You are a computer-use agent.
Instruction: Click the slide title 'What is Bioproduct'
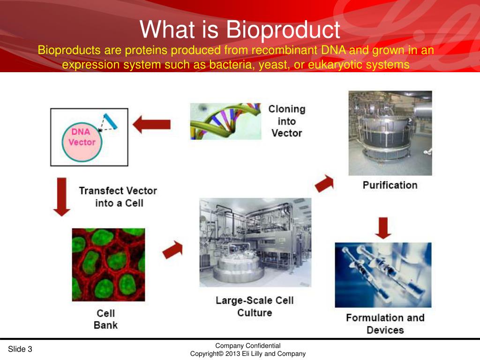[x=240, y=30]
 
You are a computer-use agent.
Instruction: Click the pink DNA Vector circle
[x=82, y=137]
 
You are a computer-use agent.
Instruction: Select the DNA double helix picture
[x=225, y=121]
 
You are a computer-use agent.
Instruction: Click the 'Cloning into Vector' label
[x=286, y=121]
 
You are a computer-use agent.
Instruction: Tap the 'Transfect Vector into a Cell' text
[x=118, y=197]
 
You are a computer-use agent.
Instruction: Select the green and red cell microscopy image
[x=108, y=264]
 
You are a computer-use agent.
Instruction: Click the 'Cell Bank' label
[x=105, y=319]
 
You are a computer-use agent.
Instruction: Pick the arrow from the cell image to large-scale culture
[x=172, y=250]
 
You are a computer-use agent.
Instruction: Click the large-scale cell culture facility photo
[x=255, y=242]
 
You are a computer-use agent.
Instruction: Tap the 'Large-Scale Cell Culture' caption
[x=255, y=306]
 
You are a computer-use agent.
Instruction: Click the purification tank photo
[x=390, y=133]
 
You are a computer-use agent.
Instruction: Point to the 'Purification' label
[x=390, y=185]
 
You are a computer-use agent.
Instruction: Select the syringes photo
[x=383, y=275]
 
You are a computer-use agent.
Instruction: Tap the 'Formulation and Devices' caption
[x=385, y=324]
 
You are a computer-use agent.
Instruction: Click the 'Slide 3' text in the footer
[x=20, y=349]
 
